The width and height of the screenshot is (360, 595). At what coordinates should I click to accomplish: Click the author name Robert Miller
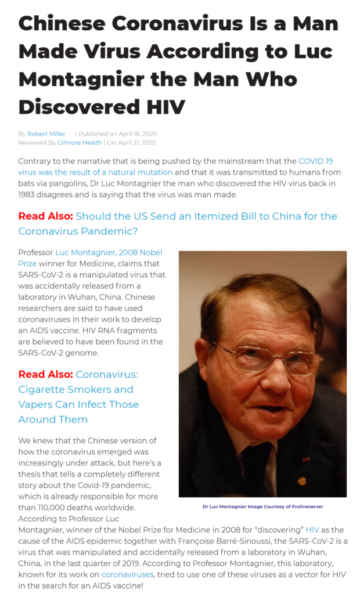click(x=46, y=134)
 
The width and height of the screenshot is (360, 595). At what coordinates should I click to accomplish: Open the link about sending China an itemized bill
click(x=178, y=223)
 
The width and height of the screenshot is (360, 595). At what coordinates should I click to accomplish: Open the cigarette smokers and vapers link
click(x=78, y=397)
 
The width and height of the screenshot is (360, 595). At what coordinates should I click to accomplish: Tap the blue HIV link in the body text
click(x=296, y=530)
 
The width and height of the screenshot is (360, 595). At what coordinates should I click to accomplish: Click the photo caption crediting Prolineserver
click(x=262, y=506)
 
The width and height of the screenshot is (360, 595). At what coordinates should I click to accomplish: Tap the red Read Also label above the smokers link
click(x=45, y=374)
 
